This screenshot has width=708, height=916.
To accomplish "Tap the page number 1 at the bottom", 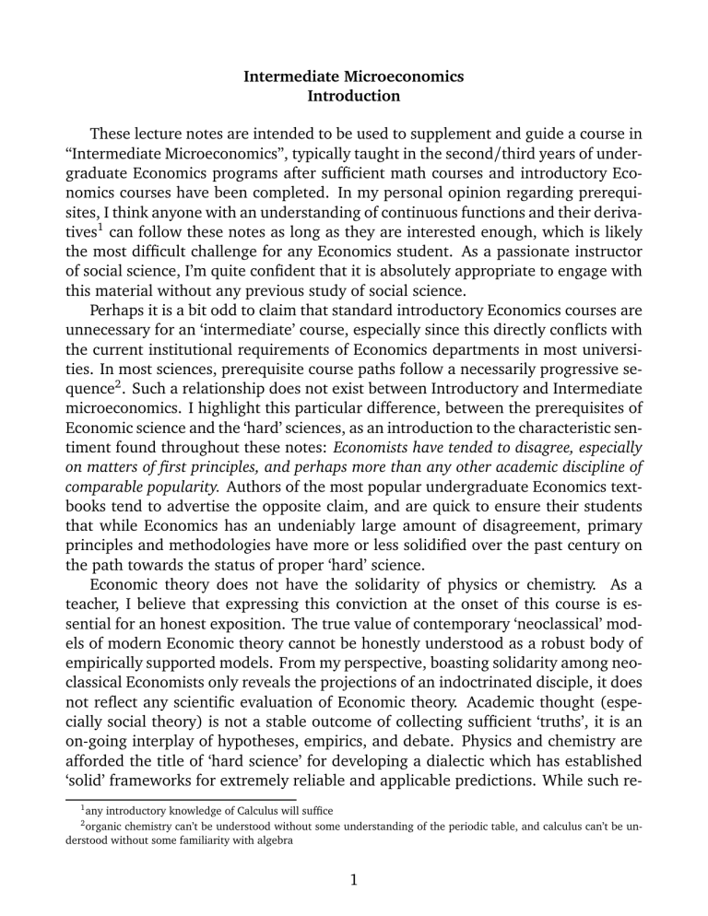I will [x=354, y=888].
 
